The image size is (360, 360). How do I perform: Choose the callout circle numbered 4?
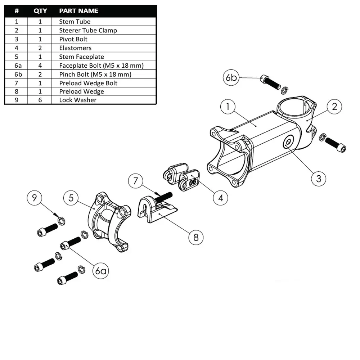pyautogui.click(x=221, y=197)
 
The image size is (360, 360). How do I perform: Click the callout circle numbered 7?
pyautogui.click(x=136, y=180)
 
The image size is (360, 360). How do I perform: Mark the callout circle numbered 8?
pyautogui.click(x=196, y=237)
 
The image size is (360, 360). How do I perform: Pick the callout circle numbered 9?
pyautogui.click(x=35, y=198)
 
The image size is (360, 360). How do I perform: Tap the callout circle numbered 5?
pyautogui.click(x=71, y=198)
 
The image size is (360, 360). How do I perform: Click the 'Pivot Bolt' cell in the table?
pyautogui.click(x=73, y=39)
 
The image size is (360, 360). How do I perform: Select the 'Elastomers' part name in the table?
pyautogui.click(x=75, y=48)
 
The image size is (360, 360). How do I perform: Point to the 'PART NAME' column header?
pyautogui.click(x=78, y=11)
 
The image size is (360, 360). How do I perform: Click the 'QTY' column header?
pyautogui.click(x=40, y=11)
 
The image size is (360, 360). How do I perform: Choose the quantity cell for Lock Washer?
pyautogui.click(x=40, y=100)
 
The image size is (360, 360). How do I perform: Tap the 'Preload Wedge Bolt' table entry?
pyautogui.click(x=88, y=83)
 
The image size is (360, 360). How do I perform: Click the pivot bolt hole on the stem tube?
pyautogui.click(x=288, y=143)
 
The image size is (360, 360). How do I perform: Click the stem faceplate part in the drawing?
pyautogui.click(x=108, y=222)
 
